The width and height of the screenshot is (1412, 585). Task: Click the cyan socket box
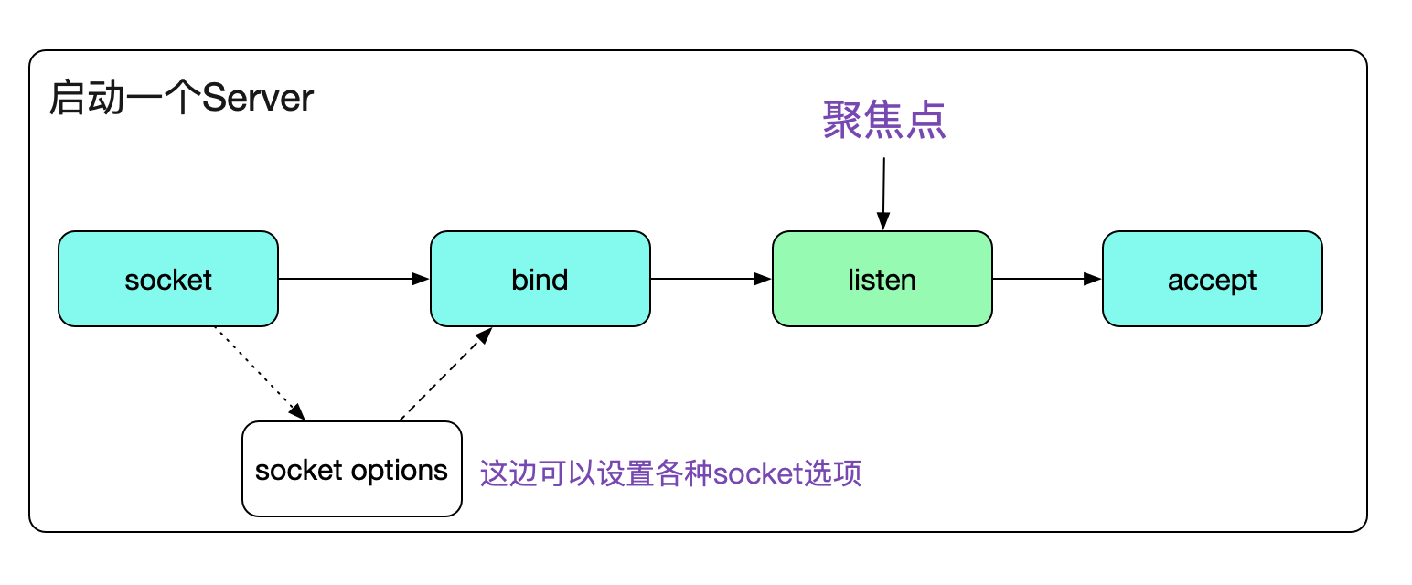pyautogui.click(x=168, y=279)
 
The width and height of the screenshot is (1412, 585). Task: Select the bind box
pyautogui.click(x=540, y=279)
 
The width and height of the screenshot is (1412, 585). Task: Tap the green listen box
pyautogui.click(x=882, y=279)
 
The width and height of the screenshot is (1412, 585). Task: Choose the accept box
pyautogui.click(x=1212, y=279)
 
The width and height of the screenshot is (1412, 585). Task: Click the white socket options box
pyautogui.click(x=351, y=469)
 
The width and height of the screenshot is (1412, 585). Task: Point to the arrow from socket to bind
pyautogui.click(x=353, y=279)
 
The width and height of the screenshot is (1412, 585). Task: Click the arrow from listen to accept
pyautogui.click(x=1046, y=279)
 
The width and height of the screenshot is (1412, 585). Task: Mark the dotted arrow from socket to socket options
pyautogui.click(x=259, y=373)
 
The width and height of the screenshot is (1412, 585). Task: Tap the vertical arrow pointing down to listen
pyautogui.click(x=883, y=193)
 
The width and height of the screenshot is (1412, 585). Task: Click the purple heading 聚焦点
pyautogui.click(x=883, y=121)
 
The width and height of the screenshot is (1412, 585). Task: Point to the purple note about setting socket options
pyautogui.click(x=670, y=473)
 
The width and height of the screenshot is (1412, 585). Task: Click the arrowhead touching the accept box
pyautogui.click(x=1092, y=279)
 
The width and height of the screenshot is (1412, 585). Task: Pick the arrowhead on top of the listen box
pyautogui.click(x=882, y=221)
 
